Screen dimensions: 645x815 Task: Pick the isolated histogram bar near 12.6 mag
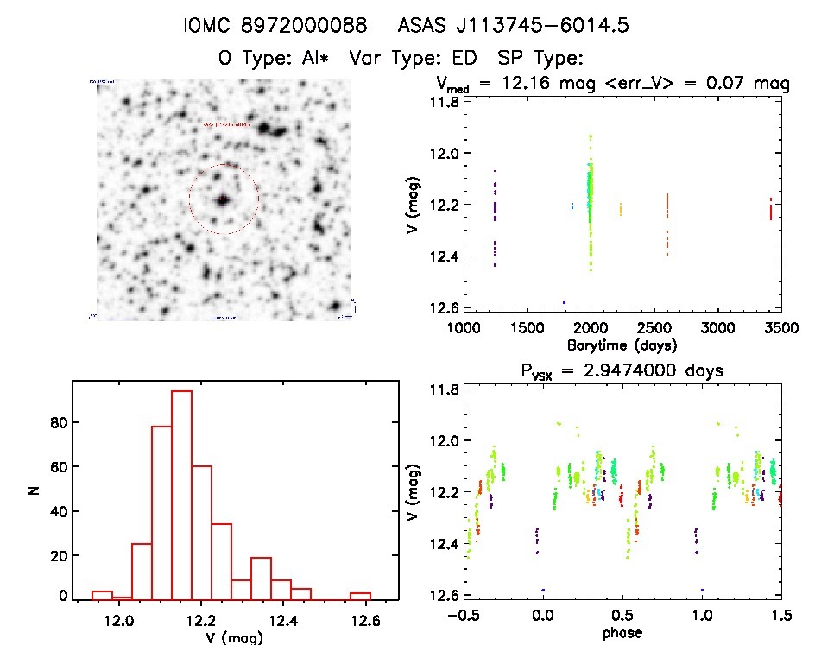(360, 596)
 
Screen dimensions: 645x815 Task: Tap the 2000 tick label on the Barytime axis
(591, 328)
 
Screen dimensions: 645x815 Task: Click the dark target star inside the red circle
(223, 199)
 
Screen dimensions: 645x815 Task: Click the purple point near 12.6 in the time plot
(564, 302)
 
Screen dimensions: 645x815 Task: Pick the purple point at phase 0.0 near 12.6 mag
(543, 590)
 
